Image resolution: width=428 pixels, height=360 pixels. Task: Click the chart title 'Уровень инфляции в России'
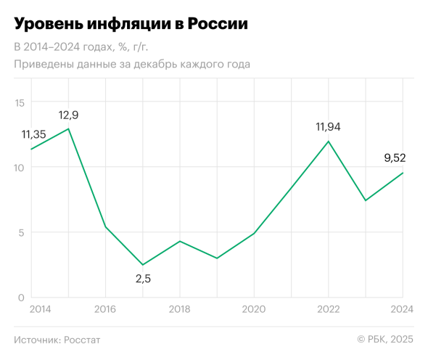pos(131,24)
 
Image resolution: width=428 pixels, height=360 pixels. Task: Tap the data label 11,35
pos(33,134)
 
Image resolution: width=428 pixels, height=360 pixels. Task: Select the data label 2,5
pos(143,279)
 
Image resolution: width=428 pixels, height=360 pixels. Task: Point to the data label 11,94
pos(328,127)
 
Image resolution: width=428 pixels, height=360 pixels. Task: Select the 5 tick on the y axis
pos(21,233)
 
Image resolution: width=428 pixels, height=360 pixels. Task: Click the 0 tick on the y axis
pos(21,298)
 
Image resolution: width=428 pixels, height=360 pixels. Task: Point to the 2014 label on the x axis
pos(41,310)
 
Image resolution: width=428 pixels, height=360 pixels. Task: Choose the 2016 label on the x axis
pos(105,310)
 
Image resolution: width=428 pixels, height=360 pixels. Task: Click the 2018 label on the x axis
pos(179,310)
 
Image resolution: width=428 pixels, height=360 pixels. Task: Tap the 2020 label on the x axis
pos(254,310)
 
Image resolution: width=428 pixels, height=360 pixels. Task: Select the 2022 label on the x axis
pos(328,310)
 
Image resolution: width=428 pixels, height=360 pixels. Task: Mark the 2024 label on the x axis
pos(401,310)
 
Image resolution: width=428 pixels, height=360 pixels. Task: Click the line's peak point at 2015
pos(68,129)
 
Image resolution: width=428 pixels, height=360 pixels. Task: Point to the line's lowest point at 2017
pos(143,265)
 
